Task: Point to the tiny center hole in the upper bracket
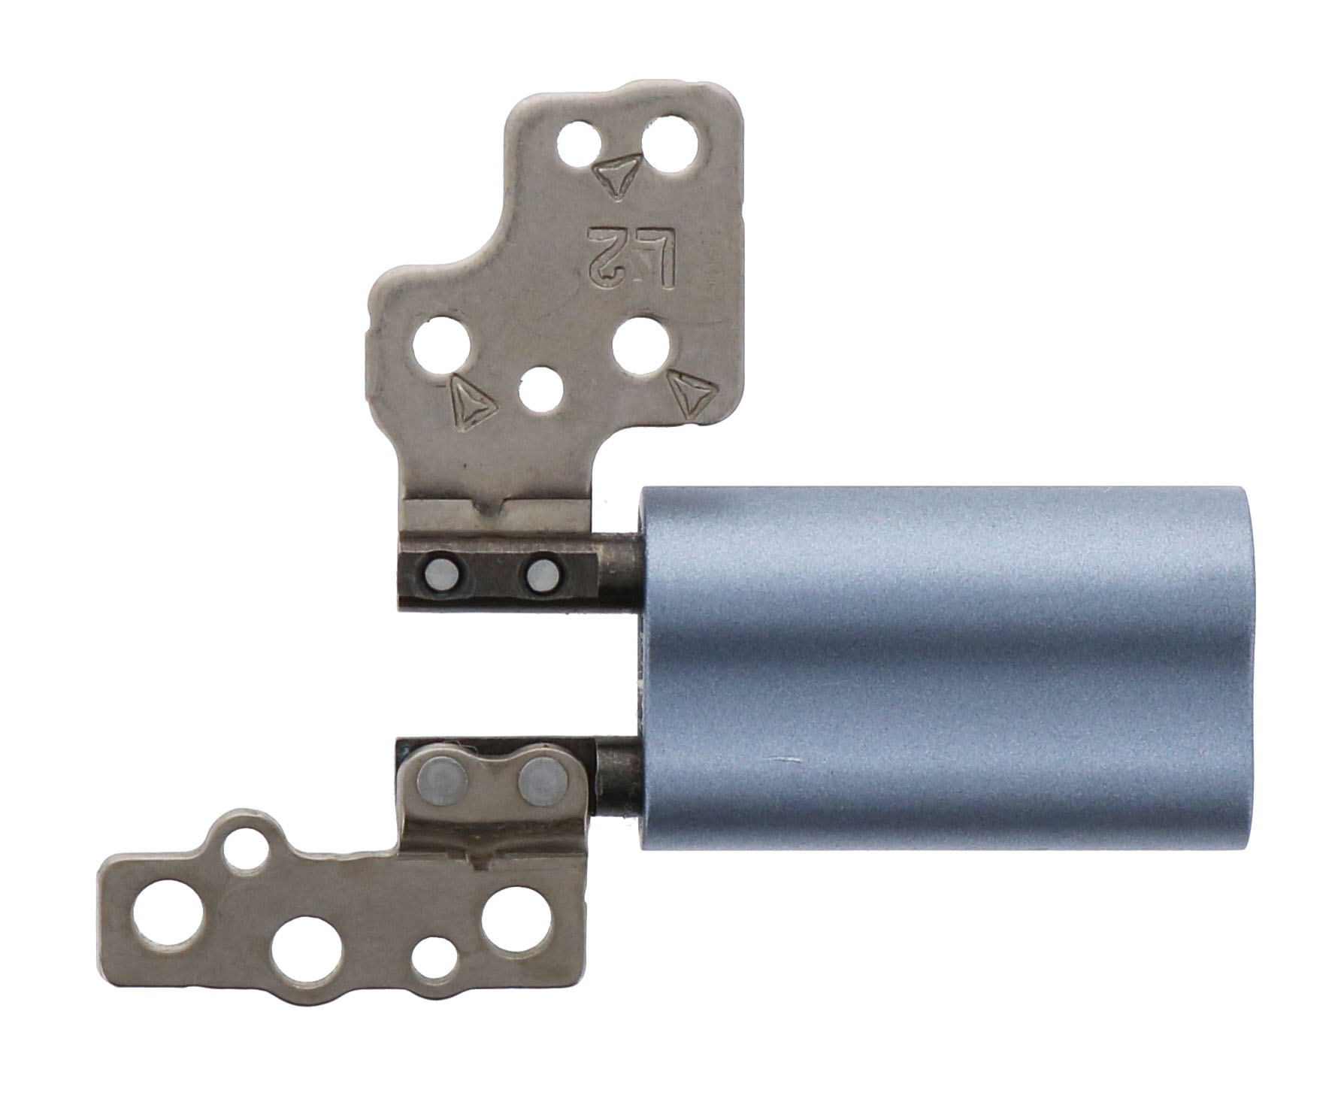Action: pos(540,391)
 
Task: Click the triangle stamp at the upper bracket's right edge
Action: pos(689,392)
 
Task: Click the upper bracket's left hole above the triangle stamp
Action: pos(443,347)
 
